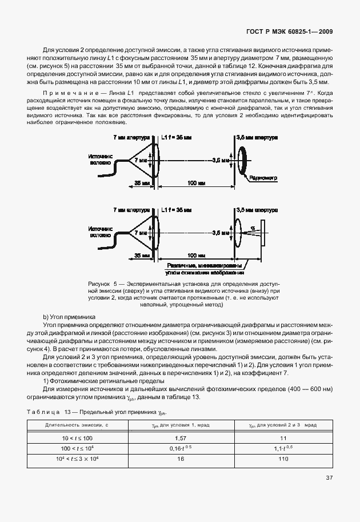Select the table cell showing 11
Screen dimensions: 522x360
point(282,437)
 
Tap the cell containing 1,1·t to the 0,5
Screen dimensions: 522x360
point(282,448)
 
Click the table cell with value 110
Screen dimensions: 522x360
point(282,459)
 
